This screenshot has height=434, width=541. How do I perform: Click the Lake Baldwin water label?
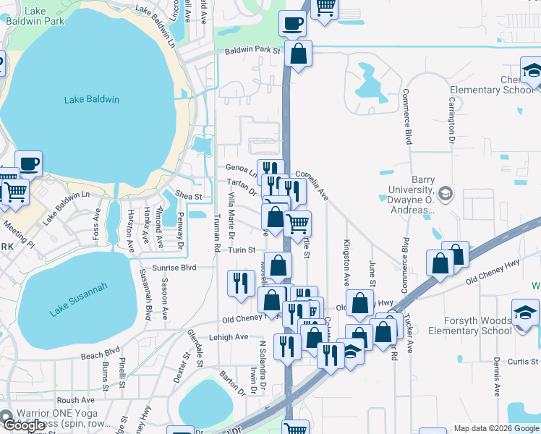click(x=91, y=100)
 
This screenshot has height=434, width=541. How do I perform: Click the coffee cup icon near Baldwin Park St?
click(x=292, y=24)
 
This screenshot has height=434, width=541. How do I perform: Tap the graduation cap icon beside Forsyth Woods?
click(x=525, y=312)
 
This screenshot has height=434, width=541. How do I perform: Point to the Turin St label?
click(x=242, y=250)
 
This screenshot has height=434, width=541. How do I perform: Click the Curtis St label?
click(x=524, y=361)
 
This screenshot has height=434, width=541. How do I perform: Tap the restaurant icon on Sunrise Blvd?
click(x=240, y=281)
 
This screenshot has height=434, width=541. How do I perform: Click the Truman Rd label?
click(x=217, y=236)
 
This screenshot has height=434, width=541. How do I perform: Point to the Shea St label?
click(x=188, y=196)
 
